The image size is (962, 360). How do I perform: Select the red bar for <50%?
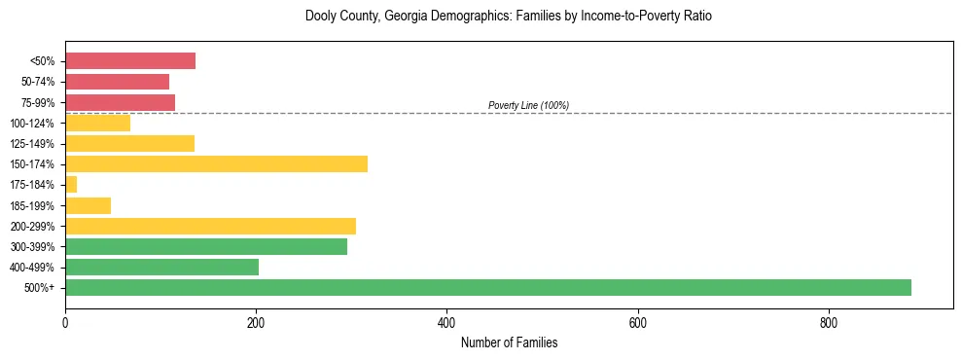tap(130, 61)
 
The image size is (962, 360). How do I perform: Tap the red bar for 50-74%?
tap(117, 82)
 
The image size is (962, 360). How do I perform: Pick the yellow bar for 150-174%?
tap(216, 163)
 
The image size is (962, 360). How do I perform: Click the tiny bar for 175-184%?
tap(71, 184)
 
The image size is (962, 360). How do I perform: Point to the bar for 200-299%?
tap(210, 226)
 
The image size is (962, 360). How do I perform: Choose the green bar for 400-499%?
tap(161, 267)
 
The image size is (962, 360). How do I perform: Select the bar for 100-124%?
tap(97, 123)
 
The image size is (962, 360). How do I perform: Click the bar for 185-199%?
tap(88, 205)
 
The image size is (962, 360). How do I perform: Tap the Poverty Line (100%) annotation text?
tap(528, 105)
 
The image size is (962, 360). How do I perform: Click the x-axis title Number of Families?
tap(509, 343)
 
